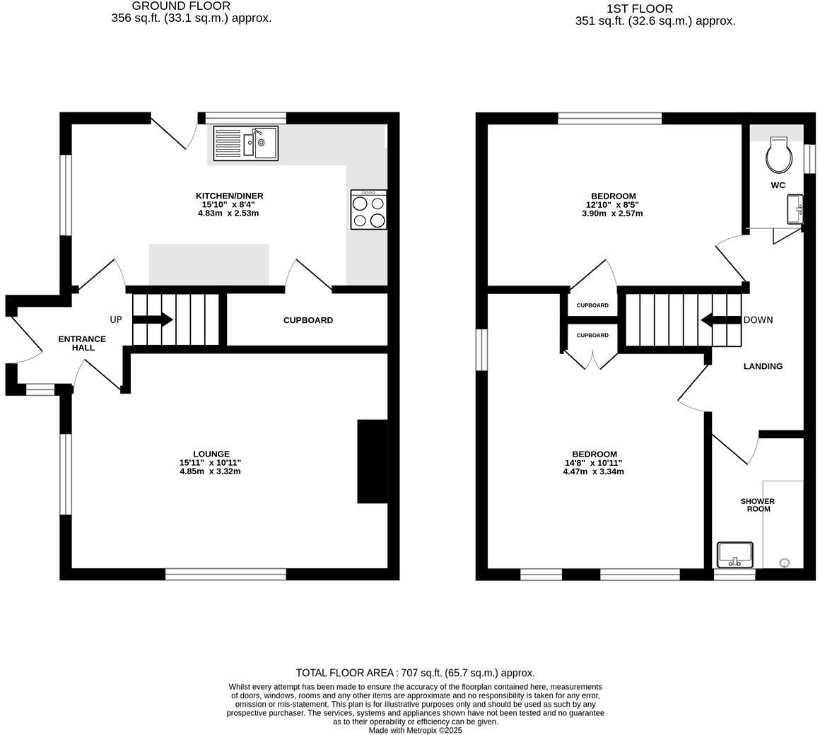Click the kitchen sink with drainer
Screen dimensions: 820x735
click(246, 143)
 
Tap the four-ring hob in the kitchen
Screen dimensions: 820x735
click(369, 210)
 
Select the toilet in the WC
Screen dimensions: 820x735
click(778, 155)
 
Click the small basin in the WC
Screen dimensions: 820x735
click(795, 209)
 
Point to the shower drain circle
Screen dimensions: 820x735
click(784, 563)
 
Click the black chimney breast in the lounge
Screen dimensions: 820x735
click(373, 461)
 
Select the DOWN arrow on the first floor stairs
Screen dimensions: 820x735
click(722, 320)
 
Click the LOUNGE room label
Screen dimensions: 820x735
click(211, 454)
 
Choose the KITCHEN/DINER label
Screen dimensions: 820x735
click(230, 196)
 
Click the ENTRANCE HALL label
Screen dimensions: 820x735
click(82, 343)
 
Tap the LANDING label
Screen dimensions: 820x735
click(763, 367)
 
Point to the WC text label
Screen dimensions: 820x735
click(778, 185)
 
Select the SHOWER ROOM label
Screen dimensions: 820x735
click(758, 505)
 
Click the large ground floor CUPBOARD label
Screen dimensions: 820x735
click(308, 320)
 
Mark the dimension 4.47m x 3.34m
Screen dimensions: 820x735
click(594, 471)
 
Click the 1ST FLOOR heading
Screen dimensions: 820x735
click(640, 9)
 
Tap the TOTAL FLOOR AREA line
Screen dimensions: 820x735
click(415, 673)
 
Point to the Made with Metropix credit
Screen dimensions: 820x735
click(415, 730)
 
